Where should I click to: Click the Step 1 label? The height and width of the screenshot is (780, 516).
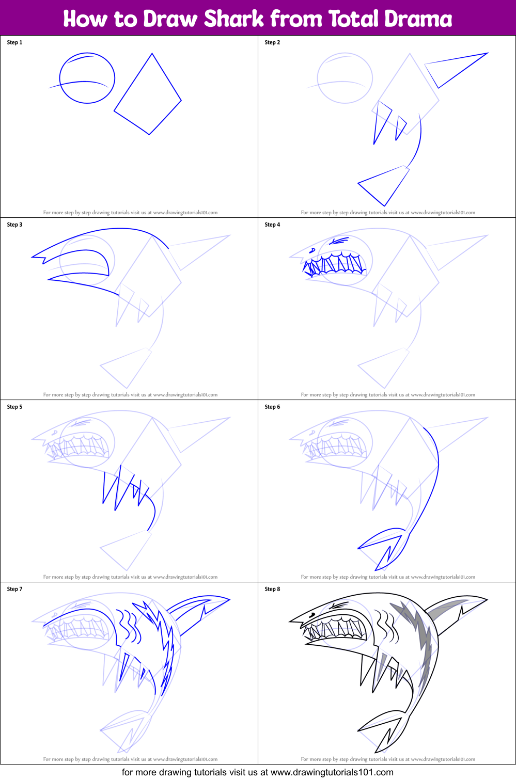click(x=14, y=42)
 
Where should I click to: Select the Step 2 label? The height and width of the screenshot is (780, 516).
click(x=272, y=42)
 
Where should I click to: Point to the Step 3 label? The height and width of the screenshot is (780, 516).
click(x=14, y=225)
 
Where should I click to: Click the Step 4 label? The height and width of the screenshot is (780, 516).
click(x=272, y=225)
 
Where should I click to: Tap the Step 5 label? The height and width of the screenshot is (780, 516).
click(x=14, y=407)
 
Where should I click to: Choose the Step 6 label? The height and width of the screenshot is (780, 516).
click(x=272, y=407)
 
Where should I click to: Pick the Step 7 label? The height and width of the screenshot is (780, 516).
click(x=14, y=589)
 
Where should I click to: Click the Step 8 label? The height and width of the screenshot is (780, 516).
click(x=272, y=589)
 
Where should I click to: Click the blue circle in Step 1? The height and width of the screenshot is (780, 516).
click(x=87, y=78)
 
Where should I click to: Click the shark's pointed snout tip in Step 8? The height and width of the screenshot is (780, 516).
click(x=291, y=620)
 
